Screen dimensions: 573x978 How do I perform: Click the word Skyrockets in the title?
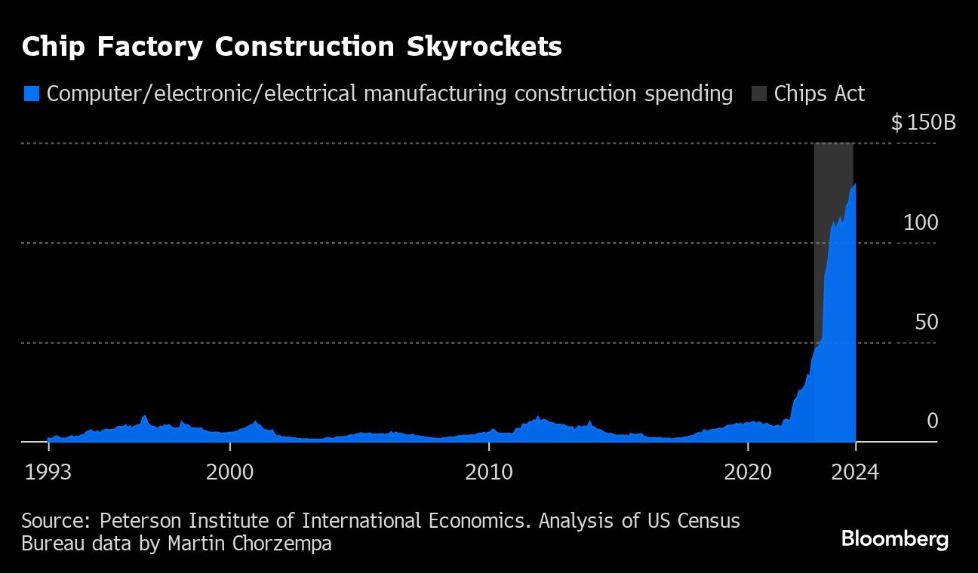[484, 47]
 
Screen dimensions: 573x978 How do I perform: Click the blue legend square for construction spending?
[31, 94]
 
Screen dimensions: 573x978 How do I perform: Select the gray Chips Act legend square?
[758, 94]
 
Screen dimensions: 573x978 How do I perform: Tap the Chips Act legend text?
[819, 94]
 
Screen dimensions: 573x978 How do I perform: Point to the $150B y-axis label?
[923, 122]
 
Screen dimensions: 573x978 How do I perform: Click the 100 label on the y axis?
[921, 222]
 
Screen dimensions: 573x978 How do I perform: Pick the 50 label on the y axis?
[926, 322]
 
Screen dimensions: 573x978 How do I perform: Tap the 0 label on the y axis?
[932, 421]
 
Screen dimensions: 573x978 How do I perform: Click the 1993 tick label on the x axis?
[48, 473]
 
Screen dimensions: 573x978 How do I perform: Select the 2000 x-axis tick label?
[229, 473]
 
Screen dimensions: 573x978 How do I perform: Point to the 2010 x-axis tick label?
[489, 473]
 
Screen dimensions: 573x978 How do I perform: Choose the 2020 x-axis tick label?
[748, 473]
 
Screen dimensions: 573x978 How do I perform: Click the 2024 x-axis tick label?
[855, 473]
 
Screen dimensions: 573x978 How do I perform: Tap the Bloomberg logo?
[894, 539]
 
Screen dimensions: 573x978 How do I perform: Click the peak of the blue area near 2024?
[854, 185]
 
